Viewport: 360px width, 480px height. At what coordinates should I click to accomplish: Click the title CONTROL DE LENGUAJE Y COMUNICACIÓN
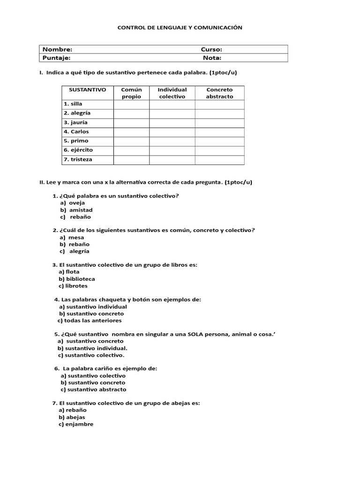point(180,28)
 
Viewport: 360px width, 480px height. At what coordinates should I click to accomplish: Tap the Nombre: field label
point(57,50)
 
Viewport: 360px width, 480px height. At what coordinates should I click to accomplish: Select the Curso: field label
point(211,50)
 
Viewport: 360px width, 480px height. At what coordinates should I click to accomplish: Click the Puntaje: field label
point(57,58)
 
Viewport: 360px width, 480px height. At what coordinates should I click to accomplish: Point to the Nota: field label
point(212,58)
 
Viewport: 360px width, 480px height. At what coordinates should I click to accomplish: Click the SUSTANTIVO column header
point(88,90)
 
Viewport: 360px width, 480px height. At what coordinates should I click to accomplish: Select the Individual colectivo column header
point(172,93)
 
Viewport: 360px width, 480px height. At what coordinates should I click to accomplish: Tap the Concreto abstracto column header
point(219,93)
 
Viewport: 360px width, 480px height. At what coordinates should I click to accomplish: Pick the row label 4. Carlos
point(76,132)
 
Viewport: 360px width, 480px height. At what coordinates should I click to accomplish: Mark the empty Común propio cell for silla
point(131,104)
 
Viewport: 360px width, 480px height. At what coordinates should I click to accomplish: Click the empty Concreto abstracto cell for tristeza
point(219,160)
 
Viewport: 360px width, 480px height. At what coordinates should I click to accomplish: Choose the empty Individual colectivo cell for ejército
point(172,150)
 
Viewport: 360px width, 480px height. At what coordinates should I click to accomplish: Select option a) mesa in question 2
point(72,237)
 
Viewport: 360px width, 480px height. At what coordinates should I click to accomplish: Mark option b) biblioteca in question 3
point(76,279)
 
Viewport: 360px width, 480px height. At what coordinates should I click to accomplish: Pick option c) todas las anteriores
point(90,321)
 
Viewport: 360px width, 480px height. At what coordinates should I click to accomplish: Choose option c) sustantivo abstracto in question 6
point(93,390)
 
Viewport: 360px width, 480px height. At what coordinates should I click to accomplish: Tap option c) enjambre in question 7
point(76,424)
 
